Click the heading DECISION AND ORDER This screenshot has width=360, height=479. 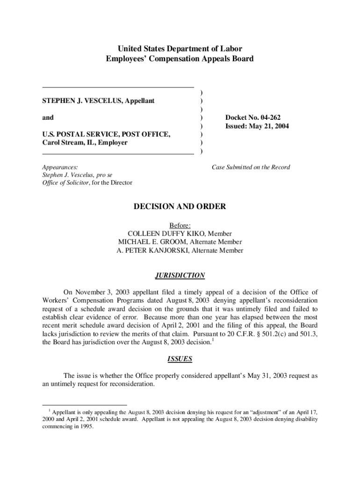180,206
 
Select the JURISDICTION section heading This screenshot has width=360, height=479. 180,276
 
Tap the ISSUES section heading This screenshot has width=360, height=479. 180,359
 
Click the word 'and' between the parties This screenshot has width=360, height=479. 48,118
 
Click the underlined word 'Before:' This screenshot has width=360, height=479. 180,225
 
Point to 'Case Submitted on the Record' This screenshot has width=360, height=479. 251,167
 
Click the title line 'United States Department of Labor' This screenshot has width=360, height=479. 180,49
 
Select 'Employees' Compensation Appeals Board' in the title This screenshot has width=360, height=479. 180,58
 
